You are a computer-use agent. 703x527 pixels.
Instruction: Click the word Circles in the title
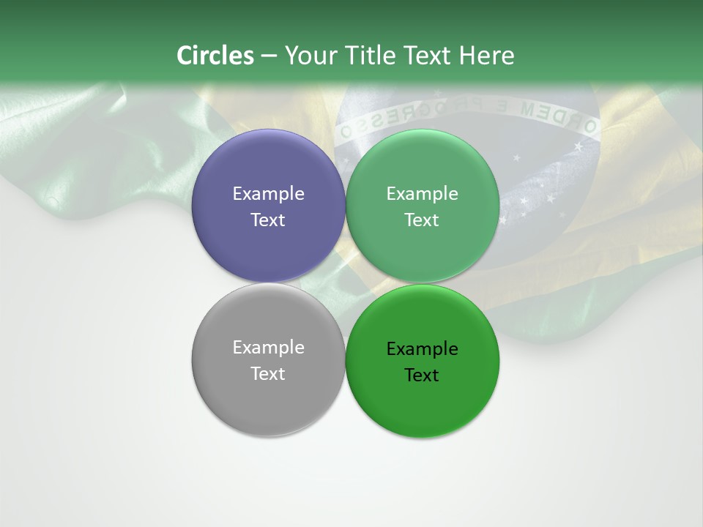tap(215, 56)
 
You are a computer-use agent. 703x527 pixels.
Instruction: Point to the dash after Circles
tap(268, 56)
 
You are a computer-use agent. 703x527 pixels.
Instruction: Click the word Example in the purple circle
tap(268, 194)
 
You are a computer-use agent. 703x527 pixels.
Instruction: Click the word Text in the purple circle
tap(268, 220)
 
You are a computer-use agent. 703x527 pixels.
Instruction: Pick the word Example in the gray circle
tap(268, 348)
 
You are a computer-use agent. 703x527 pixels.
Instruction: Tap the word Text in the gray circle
tap(268, 374)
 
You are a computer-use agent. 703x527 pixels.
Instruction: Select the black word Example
tap(423, 349)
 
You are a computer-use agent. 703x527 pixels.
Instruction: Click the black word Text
tap(422, 375)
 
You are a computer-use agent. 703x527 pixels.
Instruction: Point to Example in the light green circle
tap(423, 194)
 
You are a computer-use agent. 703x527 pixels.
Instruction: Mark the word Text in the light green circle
tap(422, 220)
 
